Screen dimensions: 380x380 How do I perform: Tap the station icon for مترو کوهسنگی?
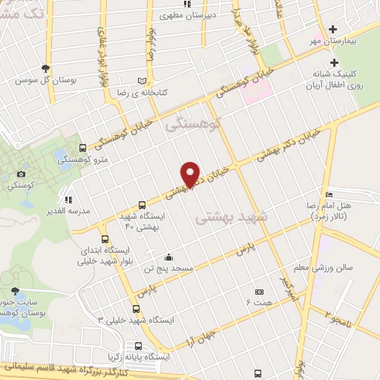pos(82,148)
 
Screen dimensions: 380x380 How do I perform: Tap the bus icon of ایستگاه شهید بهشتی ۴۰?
pos(142,205)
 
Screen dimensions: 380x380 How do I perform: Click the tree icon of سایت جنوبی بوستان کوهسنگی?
pos(16,292)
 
